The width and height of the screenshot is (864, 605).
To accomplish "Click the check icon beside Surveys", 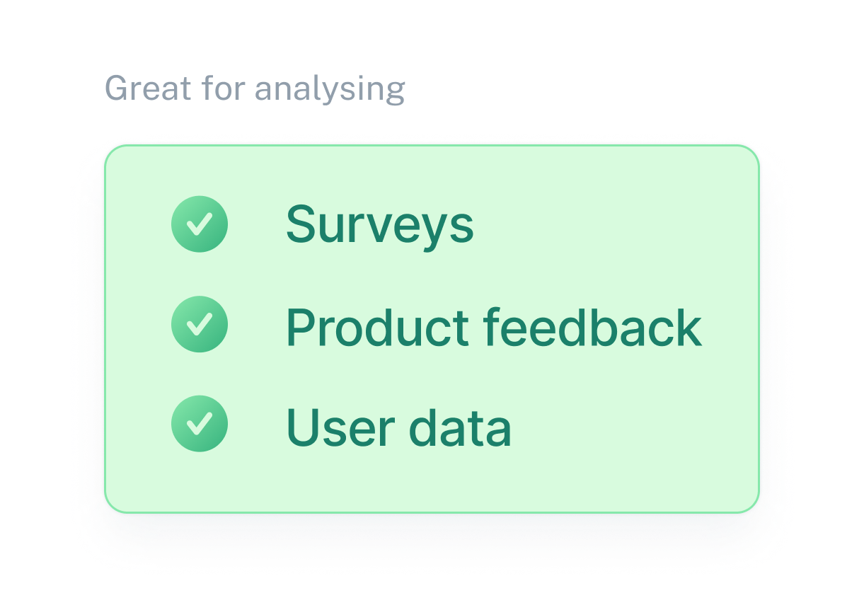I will coord(200,224).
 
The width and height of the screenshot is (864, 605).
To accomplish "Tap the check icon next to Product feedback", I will coord(200,324).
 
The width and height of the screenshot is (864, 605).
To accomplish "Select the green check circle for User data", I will coord(200,423).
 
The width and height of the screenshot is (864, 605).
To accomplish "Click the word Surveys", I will coord(379,225).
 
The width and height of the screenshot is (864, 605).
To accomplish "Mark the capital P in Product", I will coord(300,327).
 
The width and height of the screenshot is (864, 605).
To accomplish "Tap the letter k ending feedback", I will coord(689,327).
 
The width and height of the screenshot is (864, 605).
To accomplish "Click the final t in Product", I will coord(462,328).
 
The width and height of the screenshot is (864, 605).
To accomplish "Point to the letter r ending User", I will coord(379,432).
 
